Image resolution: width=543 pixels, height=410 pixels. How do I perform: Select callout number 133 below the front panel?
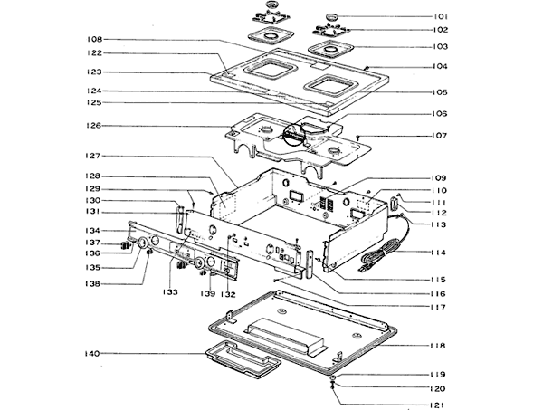(x=168, y=292)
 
